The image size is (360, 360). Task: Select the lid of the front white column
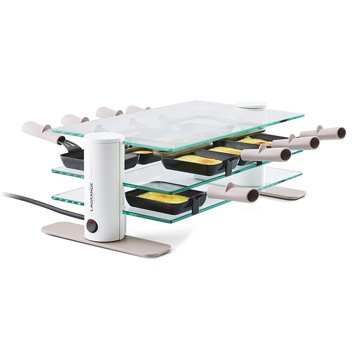pyautogui.click(x=104, y=138)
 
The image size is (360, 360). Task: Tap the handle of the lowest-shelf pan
pyautogui.click(x=229, y=193)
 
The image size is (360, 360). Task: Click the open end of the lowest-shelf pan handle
pyautogui.click(x=253, y=195)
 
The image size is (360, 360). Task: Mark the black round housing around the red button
pyautogui.click(x=92, y=225)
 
